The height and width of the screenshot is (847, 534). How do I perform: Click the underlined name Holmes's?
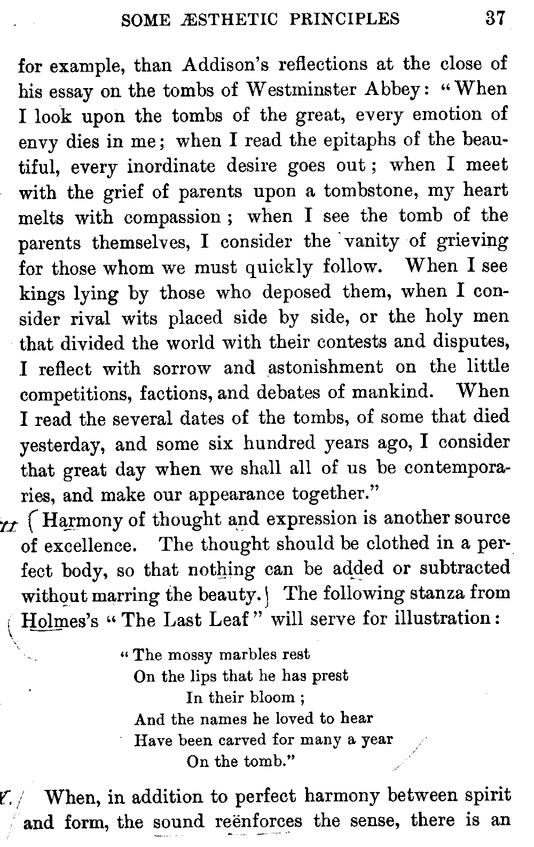[60, 620]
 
